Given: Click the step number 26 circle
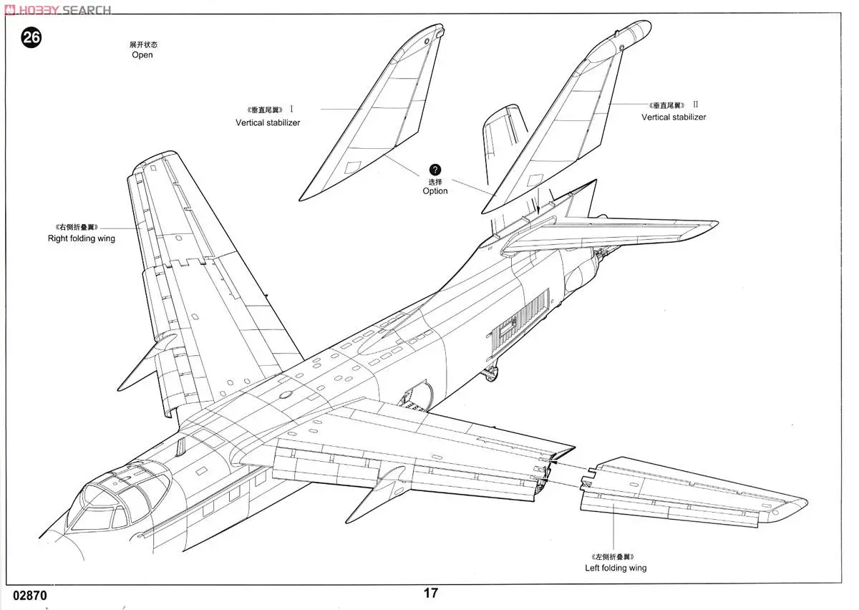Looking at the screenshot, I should [x=31, y=38].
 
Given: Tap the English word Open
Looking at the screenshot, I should [x=142, y=55].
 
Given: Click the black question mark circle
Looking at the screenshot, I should [x=435, y=170].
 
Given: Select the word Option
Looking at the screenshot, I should [x=435, y=191].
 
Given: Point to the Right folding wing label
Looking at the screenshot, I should [x=81, y=238].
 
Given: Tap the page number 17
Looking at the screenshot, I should [x=430, y=593].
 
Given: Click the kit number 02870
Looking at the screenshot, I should [x=29, y=595].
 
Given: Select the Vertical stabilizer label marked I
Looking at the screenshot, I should [x=268, y=122].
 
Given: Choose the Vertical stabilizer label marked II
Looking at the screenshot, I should [x=673, y=117].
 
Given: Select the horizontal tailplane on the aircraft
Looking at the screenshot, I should [x=616, y=233].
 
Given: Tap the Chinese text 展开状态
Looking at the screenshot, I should [x=142, y=44].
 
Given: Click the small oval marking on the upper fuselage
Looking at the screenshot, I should [x=285, y=393].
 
